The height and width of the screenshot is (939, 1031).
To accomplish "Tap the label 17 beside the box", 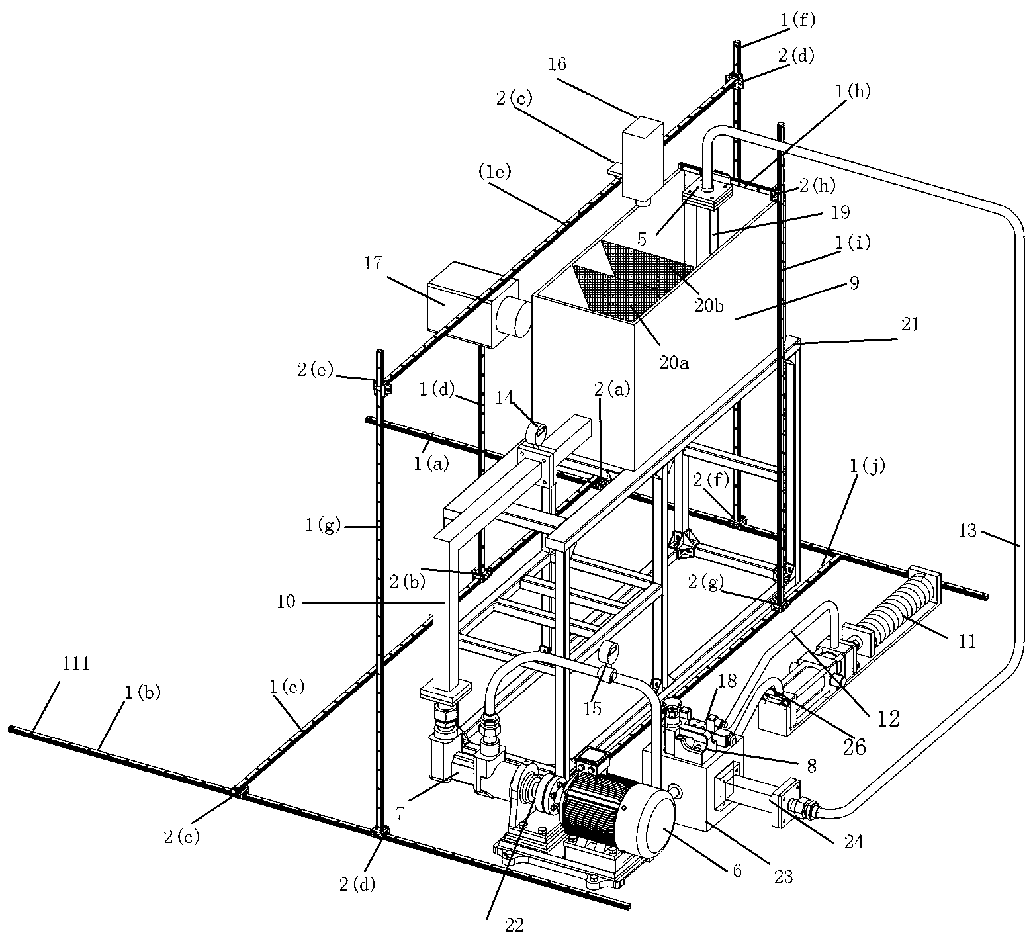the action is pyautogui.click(x=373, y=263).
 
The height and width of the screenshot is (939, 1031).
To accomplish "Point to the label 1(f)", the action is pyautogui.click(x=798, y=20).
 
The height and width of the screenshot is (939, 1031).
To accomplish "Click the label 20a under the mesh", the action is pyautogui.click(x=674, y=362).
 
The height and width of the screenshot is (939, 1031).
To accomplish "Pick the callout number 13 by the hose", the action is pyautogui.click(x=968, y=530).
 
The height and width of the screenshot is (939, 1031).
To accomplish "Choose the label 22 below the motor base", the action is pyautogui.click(x=515, y=925).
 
